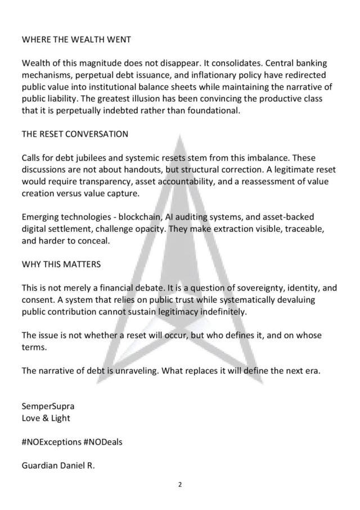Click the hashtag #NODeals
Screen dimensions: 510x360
click(x=102, y=441)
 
